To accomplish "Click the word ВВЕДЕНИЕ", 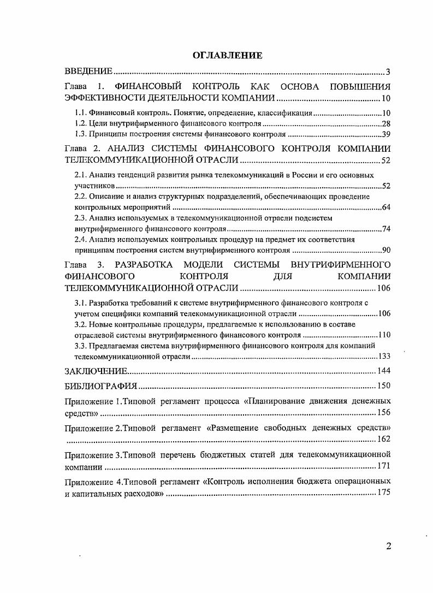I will (88, 72).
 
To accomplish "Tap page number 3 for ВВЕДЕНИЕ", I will (388, 72).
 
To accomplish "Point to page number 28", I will (385, 123).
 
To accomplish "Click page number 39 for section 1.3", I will (385, 134).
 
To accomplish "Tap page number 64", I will (385, 207).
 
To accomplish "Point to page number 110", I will (384, 335).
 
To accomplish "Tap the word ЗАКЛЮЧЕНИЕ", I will (96, 371).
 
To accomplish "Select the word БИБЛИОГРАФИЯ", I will (100, 386).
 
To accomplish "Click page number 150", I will (384, 386).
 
